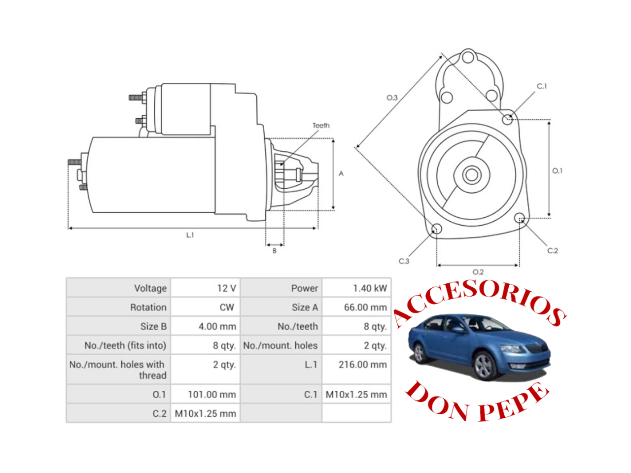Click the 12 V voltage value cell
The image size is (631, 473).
(226, 288)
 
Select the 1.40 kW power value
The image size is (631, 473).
(370, 288)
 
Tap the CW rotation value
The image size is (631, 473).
(227, 307)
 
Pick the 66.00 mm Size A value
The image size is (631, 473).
(365, 307)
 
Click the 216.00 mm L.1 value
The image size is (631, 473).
(362, 365)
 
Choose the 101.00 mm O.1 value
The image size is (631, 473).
(211, 395)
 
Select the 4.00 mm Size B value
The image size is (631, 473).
(217, 327)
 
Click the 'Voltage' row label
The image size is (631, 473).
(150, 288)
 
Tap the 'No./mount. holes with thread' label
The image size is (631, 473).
(118, 370)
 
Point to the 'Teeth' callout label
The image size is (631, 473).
(321, 126)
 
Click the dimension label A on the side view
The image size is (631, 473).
(341, 173)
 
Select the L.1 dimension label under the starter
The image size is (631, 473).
(190, 236)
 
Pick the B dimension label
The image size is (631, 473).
(275, 251)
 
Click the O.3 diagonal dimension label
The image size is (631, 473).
(392, 98)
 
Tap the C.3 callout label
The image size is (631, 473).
(404, 261)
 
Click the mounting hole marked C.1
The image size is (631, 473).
(507, 119)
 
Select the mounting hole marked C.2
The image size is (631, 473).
(519, 218)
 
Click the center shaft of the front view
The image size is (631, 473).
(472, 174)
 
